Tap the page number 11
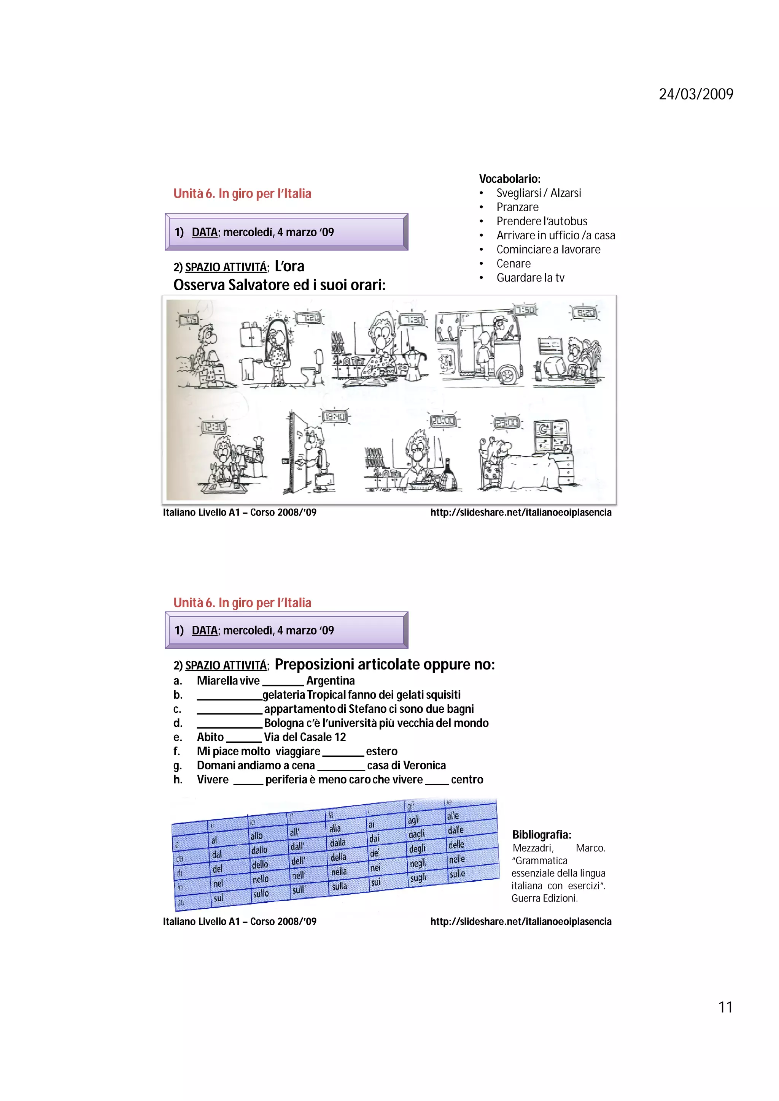pyautogui.click(x=725, y=1007)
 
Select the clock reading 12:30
pyautogui.click(x=213, y=426)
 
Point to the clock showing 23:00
pyautogui.click(x=506, y=423)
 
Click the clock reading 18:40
pyautogui.click(x=335, y=416)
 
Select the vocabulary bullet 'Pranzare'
pyautogui.click(x=517, y=207)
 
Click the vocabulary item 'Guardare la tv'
pyautogui.click(x=530, y=278)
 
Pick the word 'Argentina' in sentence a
pyautogui.click(x=330, y=680)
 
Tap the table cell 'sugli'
pyautogui.click(x=418, y=878)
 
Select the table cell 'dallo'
pyautogui.click(x=259, y=850)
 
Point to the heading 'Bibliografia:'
pyautogui.click(x=541, y=834)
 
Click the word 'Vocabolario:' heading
pyautogui.click(x=510, y=179)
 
